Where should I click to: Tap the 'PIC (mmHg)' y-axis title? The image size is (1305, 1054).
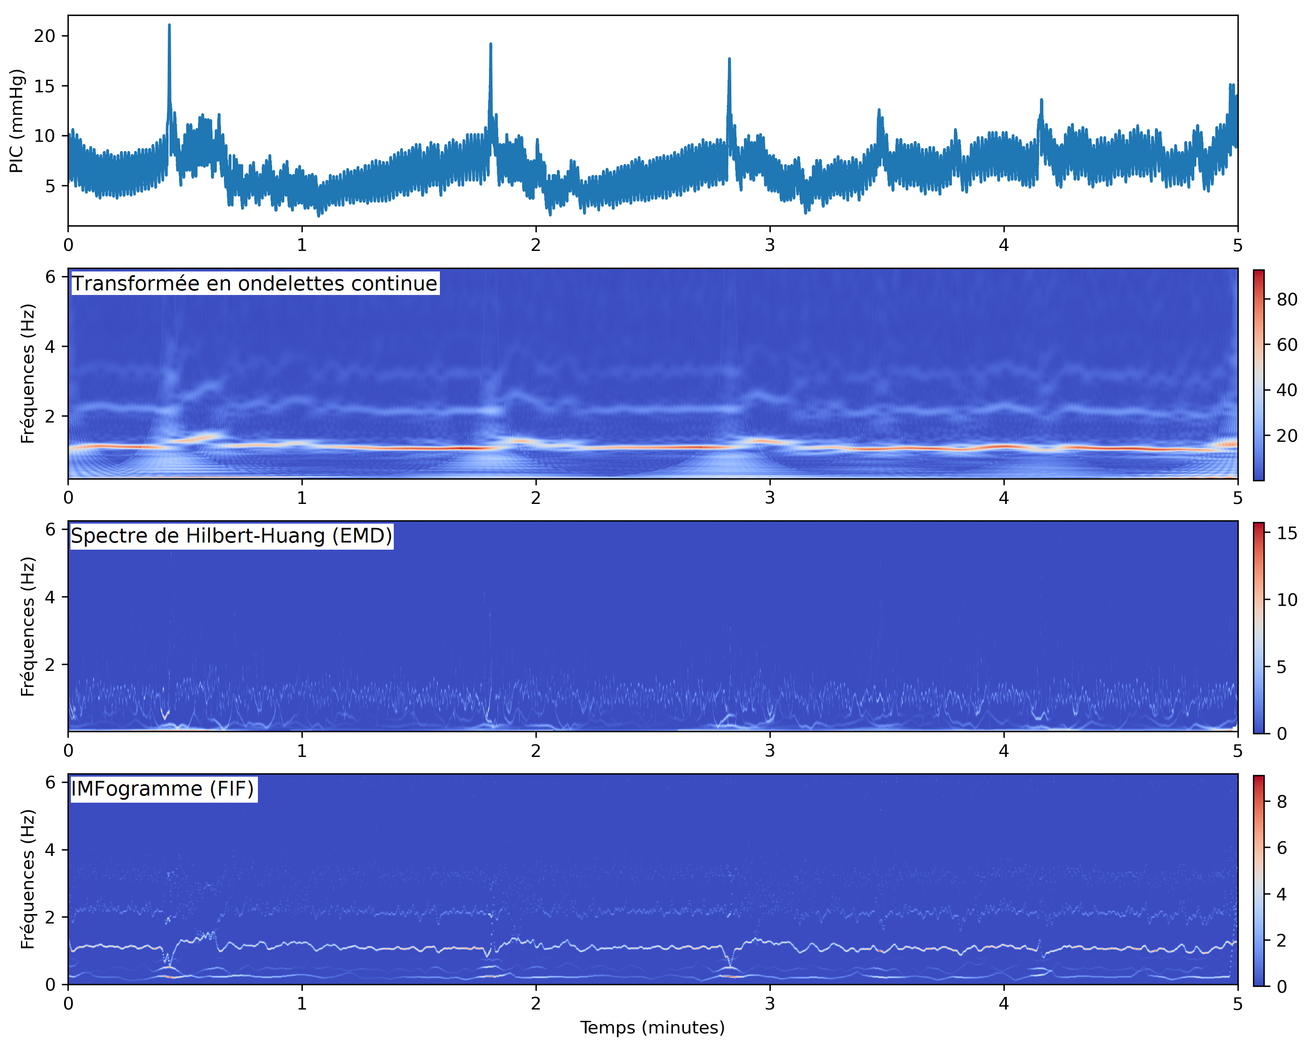click(x=17, y=121)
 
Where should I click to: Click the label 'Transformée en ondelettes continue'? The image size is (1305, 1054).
click(x=255, y=284)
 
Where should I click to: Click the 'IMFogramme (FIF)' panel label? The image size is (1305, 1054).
click(x=163, y=789)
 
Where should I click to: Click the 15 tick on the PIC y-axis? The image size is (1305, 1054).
click(x=44, y=86)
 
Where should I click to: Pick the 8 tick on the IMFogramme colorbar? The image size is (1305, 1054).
click(x=1282, y=801)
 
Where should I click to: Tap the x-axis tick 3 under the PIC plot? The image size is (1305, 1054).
click(x=769, y=245)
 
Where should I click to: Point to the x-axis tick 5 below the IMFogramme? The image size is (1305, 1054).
click(x=1237, y=1003)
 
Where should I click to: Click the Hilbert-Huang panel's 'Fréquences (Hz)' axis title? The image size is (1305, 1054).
click(x=27, y=626)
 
